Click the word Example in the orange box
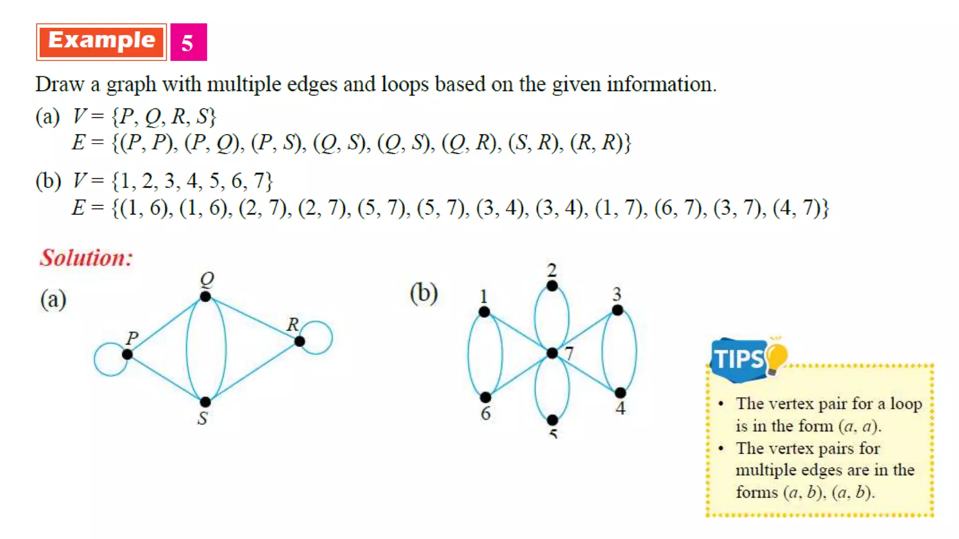point(102,41)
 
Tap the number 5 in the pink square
point(188,43)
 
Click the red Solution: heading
point(86,258)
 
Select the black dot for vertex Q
point(205,297)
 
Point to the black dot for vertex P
point(127,355)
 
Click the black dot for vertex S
point(205,402)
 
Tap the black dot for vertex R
point(300,342)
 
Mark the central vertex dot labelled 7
point(553,353)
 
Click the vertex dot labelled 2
point(552,286)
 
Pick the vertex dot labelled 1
point(484,312)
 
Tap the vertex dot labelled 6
point(486,398)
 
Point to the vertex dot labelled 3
point(618,310)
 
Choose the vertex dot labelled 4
point(620,393)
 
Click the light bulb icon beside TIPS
point(776,357)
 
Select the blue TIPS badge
point(738,359)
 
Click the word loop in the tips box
point(906,404)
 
